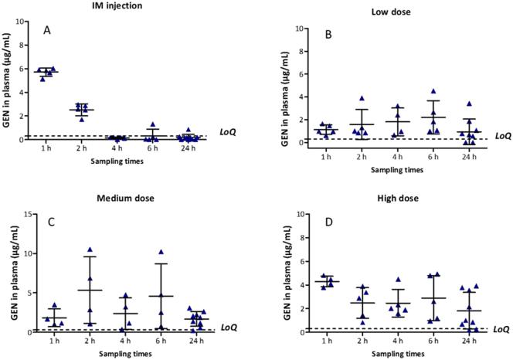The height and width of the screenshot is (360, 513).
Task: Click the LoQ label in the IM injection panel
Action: [229, 132]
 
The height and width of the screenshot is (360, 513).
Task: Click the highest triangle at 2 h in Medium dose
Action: [90, 250]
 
